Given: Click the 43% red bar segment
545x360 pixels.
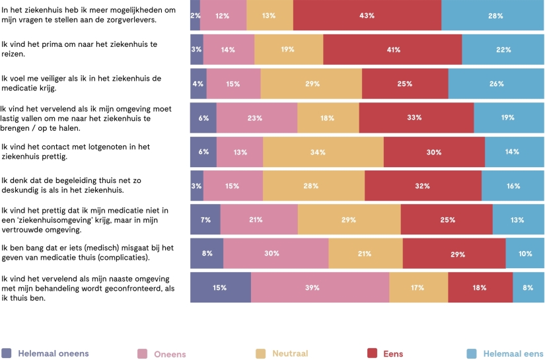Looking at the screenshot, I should coord(367,15).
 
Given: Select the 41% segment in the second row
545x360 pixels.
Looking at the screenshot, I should coord(392,50).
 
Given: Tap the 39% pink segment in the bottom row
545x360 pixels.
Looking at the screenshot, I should coord(320,287).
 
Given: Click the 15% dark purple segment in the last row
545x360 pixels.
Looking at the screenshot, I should coord(221,287).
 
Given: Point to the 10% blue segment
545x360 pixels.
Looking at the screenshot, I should coord(525,254).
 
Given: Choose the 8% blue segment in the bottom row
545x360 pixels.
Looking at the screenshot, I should coord(528,287).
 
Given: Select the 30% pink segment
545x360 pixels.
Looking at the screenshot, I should coord(275,254).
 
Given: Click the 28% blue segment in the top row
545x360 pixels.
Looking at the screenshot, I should coord(493,15).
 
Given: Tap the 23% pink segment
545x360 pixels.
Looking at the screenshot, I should coord(256,118).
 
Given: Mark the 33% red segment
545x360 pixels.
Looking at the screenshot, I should coord(416,118).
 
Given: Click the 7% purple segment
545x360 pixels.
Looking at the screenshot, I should coord(205,219).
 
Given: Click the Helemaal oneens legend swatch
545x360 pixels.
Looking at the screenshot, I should coord(7,353).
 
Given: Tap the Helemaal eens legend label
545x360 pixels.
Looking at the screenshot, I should coord(513,353).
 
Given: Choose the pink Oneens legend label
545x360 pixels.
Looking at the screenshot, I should coord(170,354).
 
